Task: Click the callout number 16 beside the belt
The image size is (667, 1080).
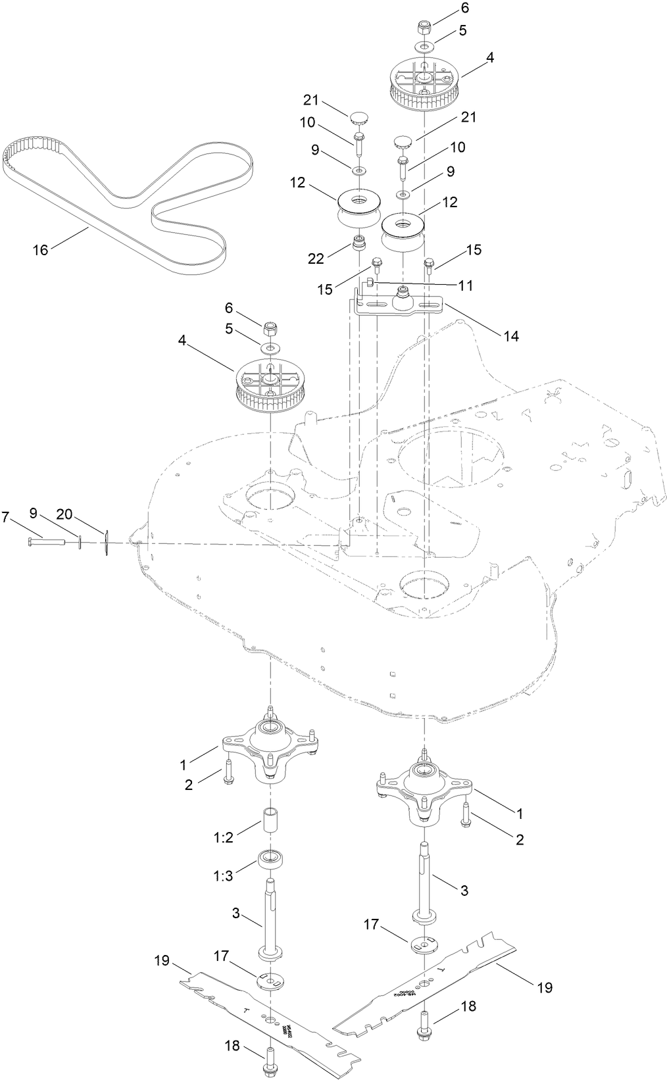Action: [x=41, y=250]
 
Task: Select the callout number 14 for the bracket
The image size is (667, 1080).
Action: [x=511, y=336]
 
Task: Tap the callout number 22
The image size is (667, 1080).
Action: [x=316, y=258]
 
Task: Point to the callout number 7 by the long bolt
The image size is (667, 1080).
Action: [x=5, y=517]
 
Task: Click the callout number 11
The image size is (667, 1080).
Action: [x=466, y=285]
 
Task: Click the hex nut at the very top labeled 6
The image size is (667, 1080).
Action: [x=424, y=28]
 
